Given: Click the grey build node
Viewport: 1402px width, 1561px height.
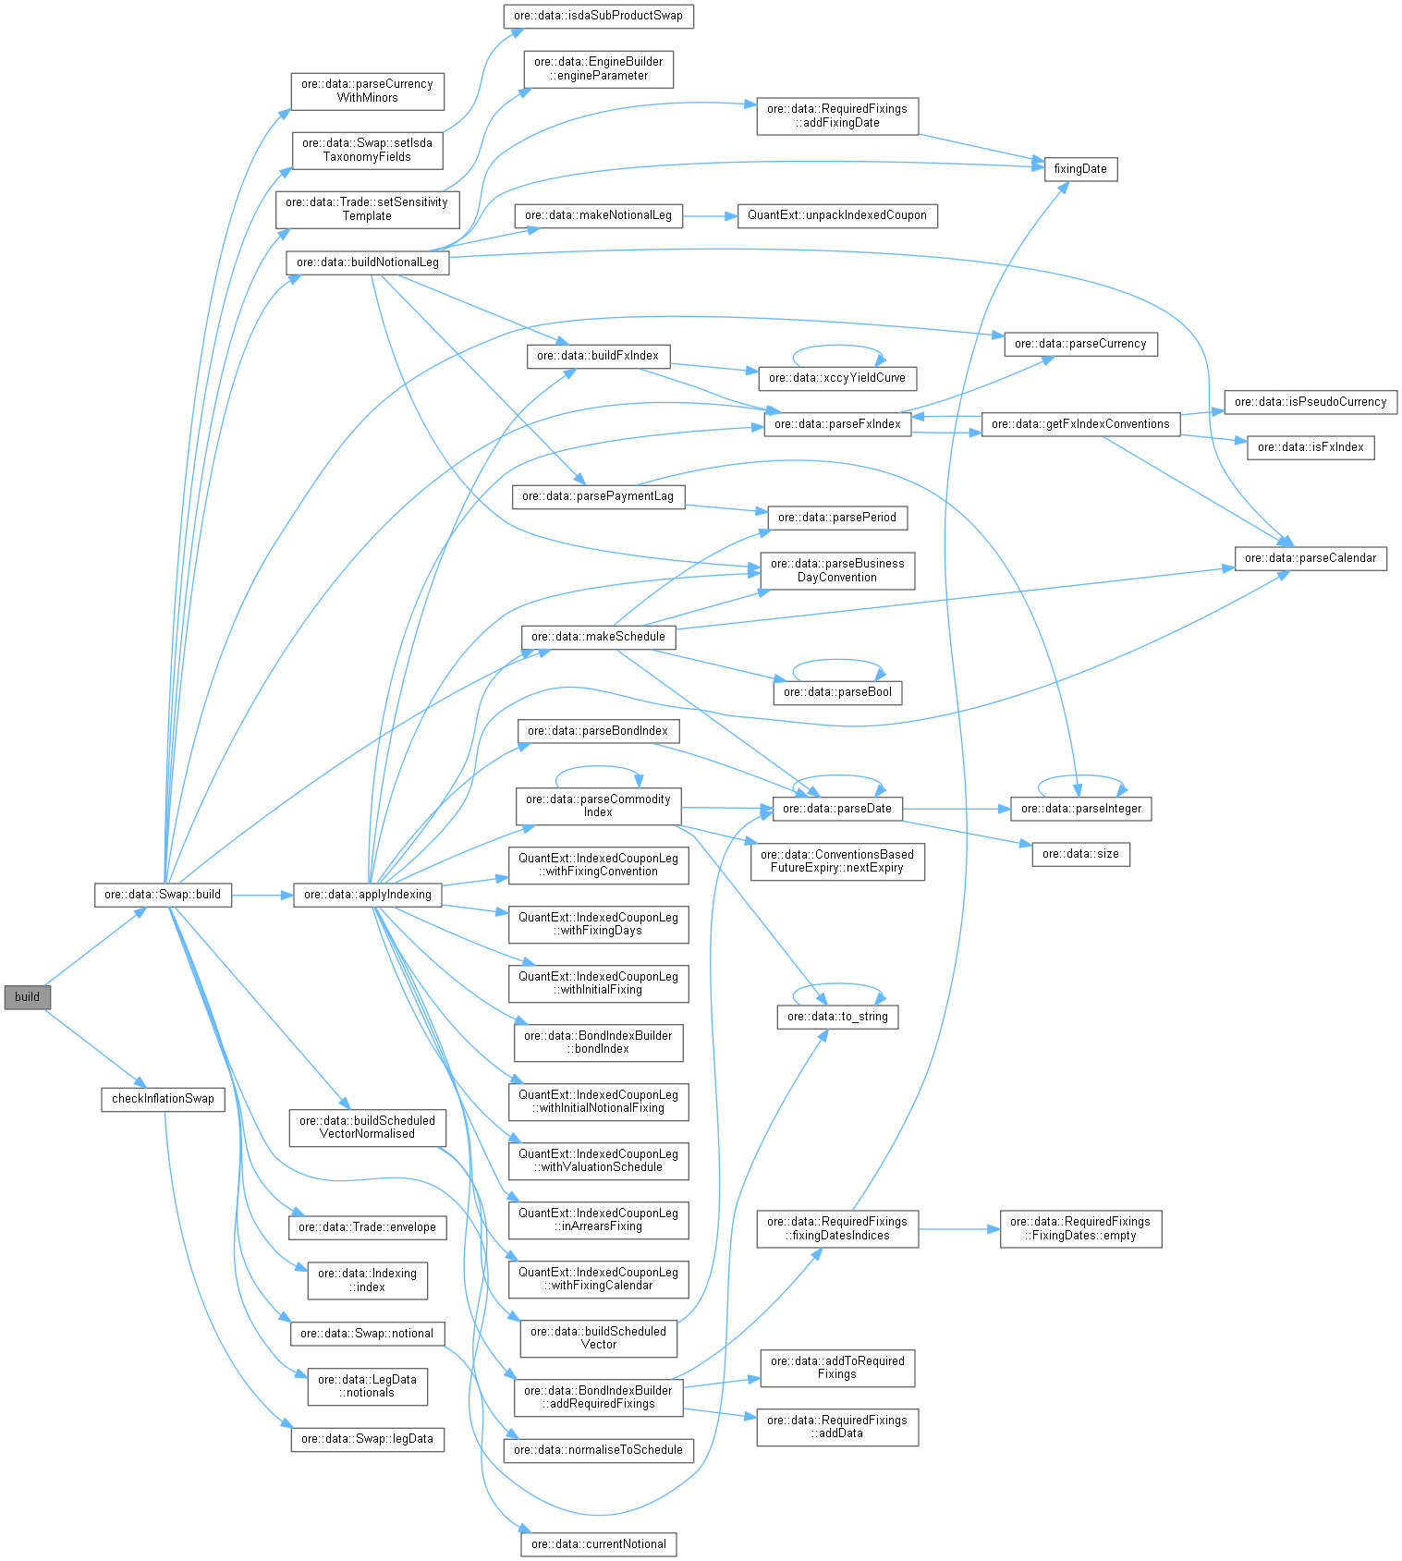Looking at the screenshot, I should (x=27, y=996).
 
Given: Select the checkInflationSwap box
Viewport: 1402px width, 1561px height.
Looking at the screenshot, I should (x=163, y=1098).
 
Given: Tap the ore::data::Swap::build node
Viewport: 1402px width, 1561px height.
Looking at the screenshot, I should (x=163, y=894).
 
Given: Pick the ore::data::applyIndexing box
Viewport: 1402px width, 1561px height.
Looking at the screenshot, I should (x=368, y=894).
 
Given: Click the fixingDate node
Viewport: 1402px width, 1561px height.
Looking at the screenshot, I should (x=1080, y=168).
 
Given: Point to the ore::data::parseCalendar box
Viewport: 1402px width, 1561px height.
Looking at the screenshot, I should (x=1311, y=557).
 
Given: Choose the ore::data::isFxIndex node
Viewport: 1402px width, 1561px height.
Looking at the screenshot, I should (x=1311, y=446).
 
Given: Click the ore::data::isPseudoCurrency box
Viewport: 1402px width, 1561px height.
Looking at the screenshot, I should (x=1311, y=401).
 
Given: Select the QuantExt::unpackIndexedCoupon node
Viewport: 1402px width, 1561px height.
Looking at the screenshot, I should (x=837, y=214).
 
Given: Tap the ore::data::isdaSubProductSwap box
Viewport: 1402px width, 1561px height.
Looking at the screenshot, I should (x=599, y=16).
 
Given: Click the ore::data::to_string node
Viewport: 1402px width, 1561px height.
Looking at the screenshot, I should (x=837, y=1016).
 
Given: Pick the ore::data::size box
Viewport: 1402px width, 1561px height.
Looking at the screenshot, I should (x=1080, y=853).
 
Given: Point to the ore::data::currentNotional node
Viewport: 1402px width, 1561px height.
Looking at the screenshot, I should (x=599, y=1543).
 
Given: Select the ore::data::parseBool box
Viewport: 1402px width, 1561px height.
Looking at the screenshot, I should (x=837, y=691).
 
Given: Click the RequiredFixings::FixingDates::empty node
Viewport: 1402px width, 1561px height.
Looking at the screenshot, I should (x=1080, y=1228).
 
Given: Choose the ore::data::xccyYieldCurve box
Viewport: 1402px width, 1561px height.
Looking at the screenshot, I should (x=837, y=377).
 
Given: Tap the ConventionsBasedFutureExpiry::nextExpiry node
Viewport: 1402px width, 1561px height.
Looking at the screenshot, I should (x=837, y=860).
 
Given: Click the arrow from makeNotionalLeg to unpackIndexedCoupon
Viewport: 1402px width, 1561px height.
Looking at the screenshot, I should (x=709, y=215).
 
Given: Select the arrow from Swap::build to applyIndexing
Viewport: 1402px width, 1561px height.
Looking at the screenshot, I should (x=262, y=895).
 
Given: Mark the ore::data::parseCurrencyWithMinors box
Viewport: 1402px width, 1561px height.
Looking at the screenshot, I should (x=368, y=91).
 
